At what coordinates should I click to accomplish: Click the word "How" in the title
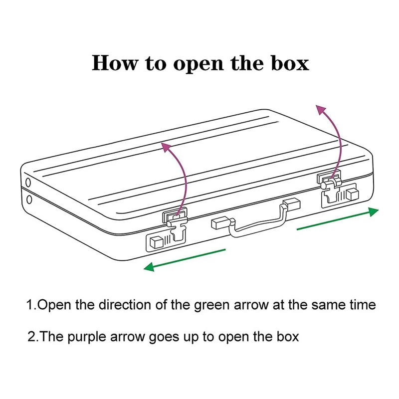[113, 63]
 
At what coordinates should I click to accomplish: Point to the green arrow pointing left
[185, 259]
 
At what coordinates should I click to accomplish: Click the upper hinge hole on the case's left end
[27, 181]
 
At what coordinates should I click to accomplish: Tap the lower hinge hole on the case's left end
[29, 200]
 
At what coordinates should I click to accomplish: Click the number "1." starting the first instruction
[32, 305]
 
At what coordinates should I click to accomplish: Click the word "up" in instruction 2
[193, 338]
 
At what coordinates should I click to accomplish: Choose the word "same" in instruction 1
[315, 305]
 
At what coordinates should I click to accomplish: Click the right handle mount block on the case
[291, 204]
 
